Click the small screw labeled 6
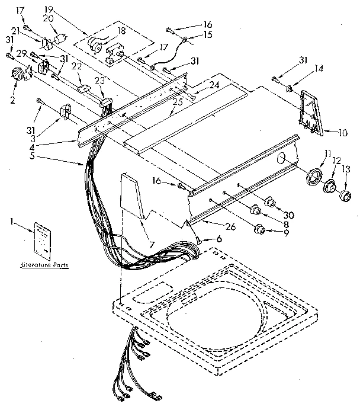click(x=198, y=239)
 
